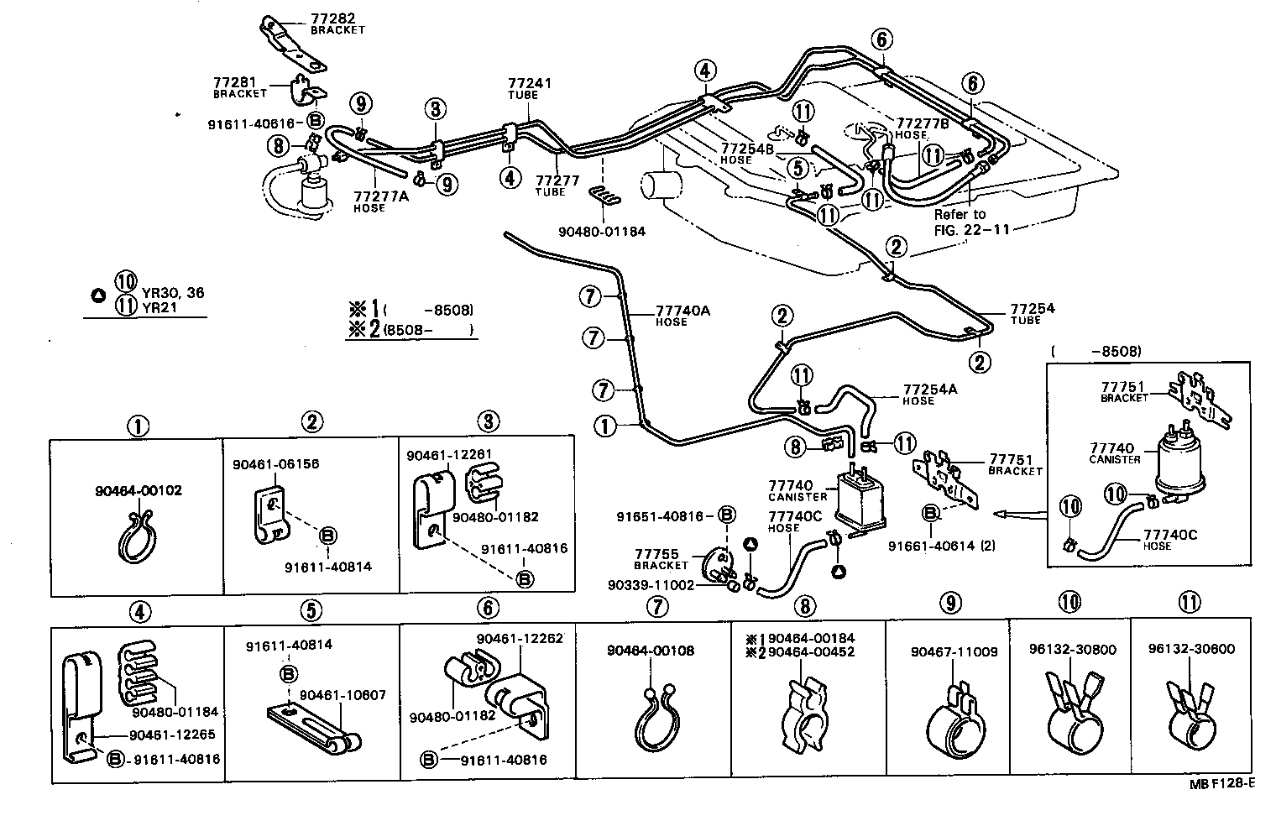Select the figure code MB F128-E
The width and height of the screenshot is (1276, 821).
coord(1221,784)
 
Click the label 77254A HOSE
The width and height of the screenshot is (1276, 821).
coord(929,395)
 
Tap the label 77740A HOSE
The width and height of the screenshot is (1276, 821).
coord(682,315)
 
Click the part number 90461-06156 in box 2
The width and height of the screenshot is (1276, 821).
coord(264,464)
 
